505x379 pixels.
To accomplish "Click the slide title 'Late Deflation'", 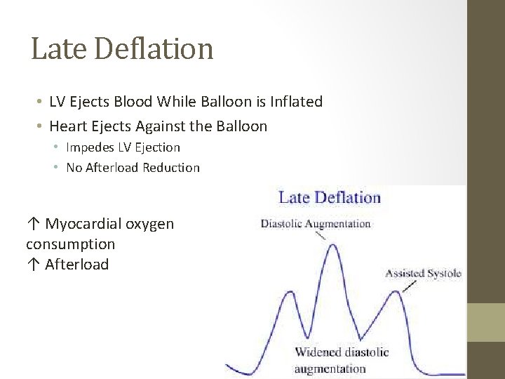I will pos(122,48).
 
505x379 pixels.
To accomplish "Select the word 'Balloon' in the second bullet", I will pos(243,126).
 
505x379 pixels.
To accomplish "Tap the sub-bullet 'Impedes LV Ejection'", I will pos(123,147).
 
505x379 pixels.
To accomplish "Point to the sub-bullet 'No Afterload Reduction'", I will pos(133,168).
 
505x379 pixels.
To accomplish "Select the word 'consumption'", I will pos(70,244).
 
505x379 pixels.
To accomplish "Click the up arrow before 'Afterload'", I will pos(33,265).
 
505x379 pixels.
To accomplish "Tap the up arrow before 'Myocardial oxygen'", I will pos(33,224).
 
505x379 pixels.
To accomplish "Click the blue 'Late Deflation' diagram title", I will pos(330,197).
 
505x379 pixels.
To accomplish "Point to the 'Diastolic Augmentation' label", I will pos(316,224).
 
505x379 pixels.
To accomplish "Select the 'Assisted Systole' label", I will pos(423,273).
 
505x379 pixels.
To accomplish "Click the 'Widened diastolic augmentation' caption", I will pos(342,360).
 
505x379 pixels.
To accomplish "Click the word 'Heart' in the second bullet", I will pos(68,126).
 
